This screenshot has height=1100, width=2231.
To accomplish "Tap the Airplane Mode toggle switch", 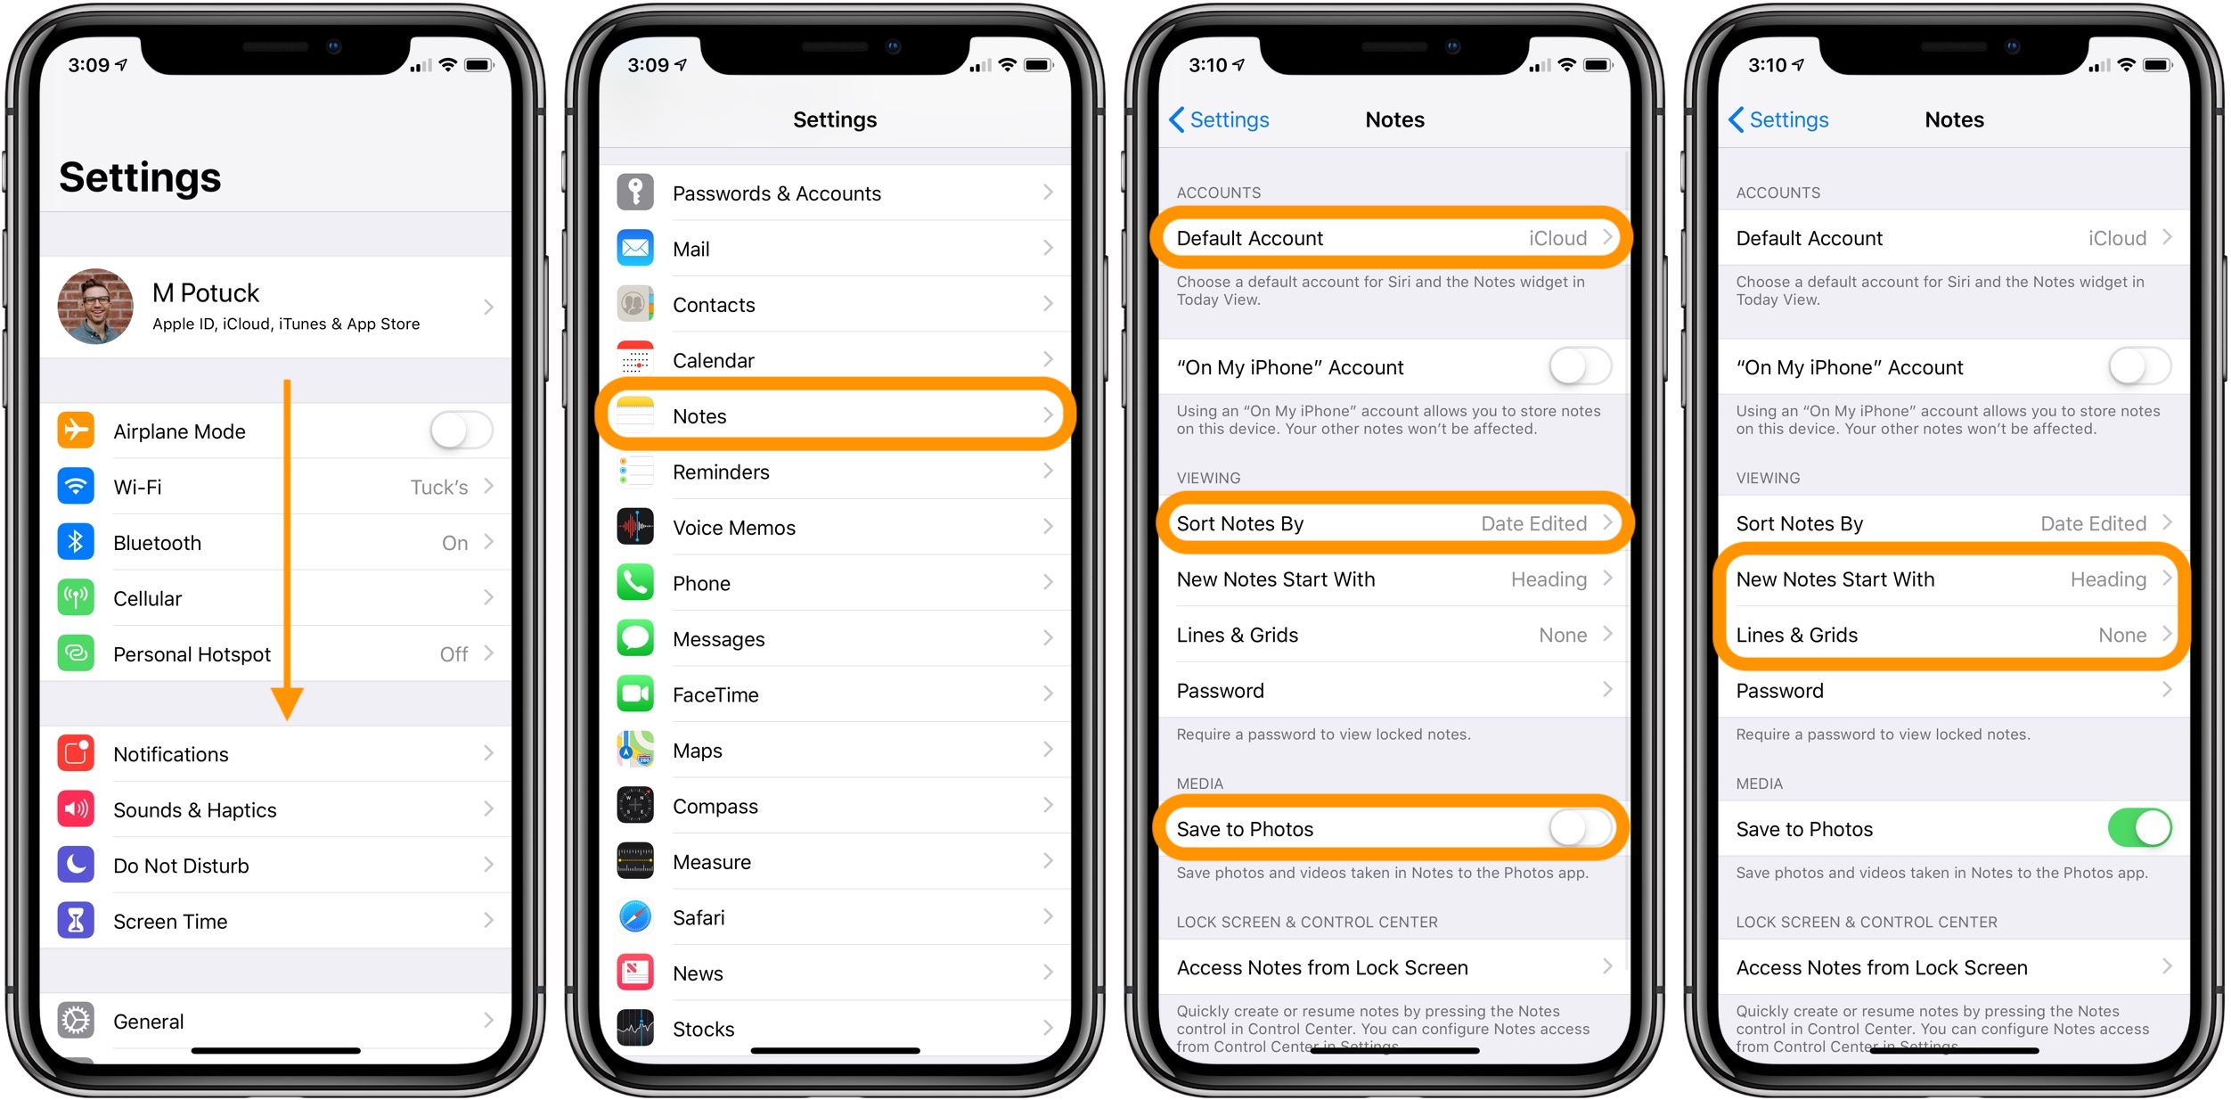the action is tap(462, 431).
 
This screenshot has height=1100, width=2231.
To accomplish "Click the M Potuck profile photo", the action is tap(95, 307).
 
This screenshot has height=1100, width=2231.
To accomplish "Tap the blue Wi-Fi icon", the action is tap(76, 487).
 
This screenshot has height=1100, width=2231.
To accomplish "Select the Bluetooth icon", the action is tap(76, 542).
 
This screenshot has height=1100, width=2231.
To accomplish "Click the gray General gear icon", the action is tap(76, 1021).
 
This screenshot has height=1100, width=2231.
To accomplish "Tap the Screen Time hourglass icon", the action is tap(76, 921).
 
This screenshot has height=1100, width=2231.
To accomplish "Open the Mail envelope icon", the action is tap(635, 249).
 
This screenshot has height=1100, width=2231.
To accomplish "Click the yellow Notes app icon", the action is tap(635, 415).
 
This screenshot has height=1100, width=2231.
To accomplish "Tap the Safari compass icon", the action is tap(635, 917).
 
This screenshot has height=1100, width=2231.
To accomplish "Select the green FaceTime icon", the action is tap(635, 694).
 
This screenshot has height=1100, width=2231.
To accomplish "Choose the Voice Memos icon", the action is tap(635, 527).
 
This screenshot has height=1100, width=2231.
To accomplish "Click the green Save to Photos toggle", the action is tap(2139, 828).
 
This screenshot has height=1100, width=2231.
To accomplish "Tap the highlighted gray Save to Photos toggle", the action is tap(1580, 828).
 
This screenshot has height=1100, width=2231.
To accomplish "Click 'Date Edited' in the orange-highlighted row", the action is tap(1533, 523).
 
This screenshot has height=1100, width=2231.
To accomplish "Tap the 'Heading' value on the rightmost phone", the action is tap(2108, 579).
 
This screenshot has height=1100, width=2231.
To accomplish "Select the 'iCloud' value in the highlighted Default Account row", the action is tap(1557, 238).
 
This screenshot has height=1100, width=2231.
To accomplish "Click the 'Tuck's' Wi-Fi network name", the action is tap(439, 487).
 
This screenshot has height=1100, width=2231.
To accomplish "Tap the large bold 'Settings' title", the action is tap(140, 176).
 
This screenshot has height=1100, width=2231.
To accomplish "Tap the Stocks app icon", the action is tap(635, 1029).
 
